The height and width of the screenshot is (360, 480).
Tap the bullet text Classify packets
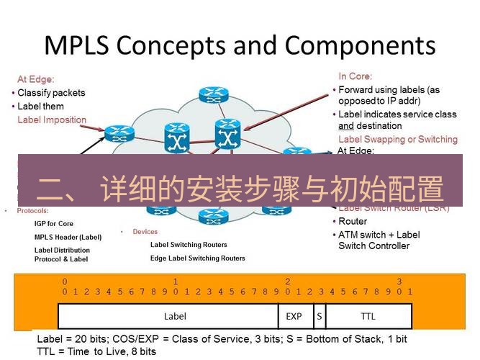pyautogui.click(x=51, y=93)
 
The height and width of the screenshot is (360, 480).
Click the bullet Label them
pyautogui.click(x=40, y=107)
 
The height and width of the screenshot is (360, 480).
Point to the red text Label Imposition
pyautogui.click(x=52, y=120)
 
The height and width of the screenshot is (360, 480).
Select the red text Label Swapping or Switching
pyautogui.click(x=397, y=139)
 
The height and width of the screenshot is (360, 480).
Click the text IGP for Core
pyautogui.click(x=54, y=224)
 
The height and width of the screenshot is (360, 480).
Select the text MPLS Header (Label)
pyautogui.click(x=68, y=237)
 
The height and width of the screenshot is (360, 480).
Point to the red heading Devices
pyautogui.click(x=145, y=232)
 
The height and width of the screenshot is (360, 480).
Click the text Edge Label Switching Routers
pyautogui.click(x=197, y=258)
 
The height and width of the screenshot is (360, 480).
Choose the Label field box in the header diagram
pyautogui.click(x=175, y=315)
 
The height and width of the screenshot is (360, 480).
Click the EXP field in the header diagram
pyautogui.click(x=294, y=315)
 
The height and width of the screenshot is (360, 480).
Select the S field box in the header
pyautogui.click(x=319, y=315)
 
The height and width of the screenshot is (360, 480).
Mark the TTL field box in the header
pyautogui.click(x=368, y=315)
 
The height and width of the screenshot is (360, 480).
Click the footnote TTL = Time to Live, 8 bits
pyautogui.click(x=97, y=351)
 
